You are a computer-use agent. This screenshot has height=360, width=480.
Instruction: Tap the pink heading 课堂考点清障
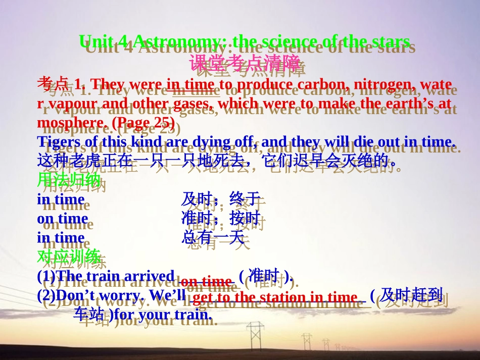[245, 63]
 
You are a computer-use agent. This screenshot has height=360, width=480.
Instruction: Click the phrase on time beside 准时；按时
[62, 219]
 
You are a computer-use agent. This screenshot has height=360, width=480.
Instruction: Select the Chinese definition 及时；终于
[220, 199]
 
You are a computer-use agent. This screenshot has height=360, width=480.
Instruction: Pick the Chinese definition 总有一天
[212, 238]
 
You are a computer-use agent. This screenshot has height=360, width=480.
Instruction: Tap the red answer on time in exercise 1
[206, 281]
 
